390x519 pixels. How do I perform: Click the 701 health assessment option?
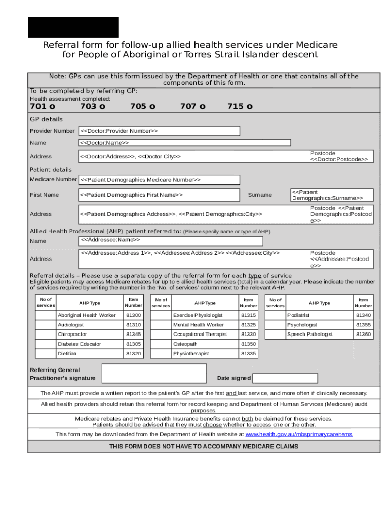coord(43,106)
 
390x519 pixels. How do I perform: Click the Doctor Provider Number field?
coord(159,131)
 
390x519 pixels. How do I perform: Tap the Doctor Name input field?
coord(184,143)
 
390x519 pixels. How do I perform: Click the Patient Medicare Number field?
coord(159,180)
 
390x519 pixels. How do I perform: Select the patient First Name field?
coord(159,195)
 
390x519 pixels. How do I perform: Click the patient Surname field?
coord(331,195)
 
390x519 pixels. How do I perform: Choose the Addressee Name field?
coord(171,240)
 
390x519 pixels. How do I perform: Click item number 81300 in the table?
coord(133,315)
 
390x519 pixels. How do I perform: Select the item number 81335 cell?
coord(248,354)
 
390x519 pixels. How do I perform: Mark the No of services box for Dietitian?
coord(45,354)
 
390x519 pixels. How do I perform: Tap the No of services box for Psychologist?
coord(275,325)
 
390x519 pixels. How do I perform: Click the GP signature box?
coord(154,374)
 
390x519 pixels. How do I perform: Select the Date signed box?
coord(285,378)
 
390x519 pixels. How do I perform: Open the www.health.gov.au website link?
coord(298,435)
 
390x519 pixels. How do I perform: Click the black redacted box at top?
coord(73,27)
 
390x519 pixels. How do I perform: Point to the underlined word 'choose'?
coord(212,425)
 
